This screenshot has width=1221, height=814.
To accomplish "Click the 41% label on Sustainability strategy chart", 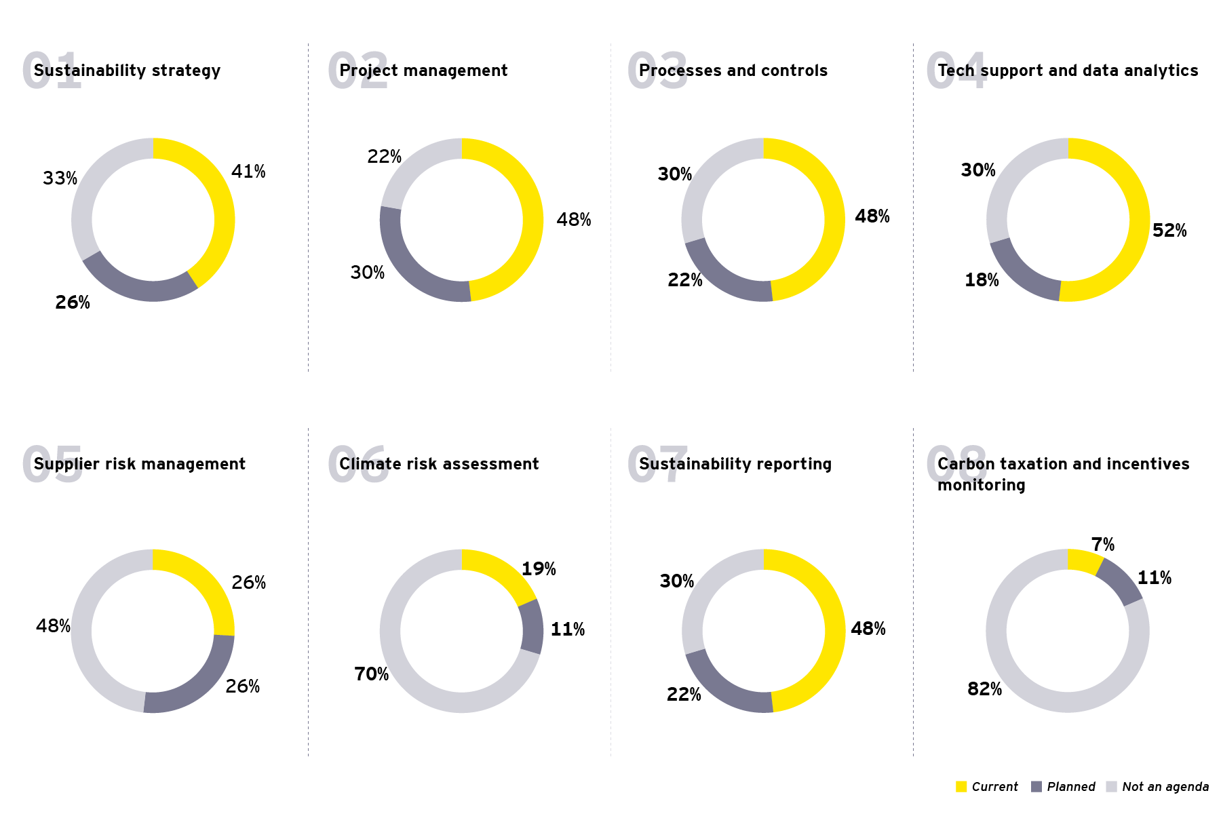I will [248, 172].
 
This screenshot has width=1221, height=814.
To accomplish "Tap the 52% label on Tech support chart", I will [1169, 231].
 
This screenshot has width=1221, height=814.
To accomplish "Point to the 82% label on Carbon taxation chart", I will [984, 689].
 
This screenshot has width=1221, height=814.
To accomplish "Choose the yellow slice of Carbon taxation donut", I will [1083, 561].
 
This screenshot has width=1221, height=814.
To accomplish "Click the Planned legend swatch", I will [1036, 787].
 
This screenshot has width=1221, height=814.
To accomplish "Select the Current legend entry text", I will [994, 787].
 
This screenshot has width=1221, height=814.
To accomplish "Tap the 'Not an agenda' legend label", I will [1165, 787].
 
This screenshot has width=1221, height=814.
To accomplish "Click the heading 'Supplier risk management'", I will [139, 464].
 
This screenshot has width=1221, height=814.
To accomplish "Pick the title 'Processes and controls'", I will [733, 71].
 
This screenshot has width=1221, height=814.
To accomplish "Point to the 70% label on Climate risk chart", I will [371, 674].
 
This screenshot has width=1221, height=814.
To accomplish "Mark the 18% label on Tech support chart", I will [982, 280].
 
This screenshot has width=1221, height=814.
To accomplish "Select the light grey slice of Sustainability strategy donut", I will [85, 203].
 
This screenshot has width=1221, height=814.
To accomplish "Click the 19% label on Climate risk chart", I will [539, 569].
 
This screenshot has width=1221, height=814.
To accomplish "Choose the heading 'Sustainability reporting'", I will [735, 464].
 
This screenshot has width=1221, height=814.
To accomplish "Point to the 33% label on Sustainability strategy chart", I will [60, 178].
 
